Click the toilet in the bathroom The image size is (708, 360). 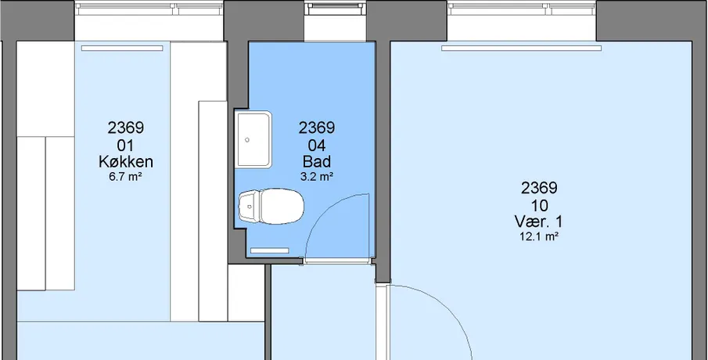pyautogui.click(x=271, y=207)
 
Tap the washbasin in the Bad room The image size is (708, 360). pyautogui.click(x=253, y=139)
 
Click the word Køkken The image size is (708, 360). pyautogui.click(x=126, y=162)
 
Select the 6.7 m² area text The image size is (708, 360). pyautogui.click(x=125, y=177)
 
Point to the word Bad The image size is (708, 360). pyautogui.click(x=317, y=161)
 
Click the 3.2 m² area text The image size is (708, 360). pyautogui.click(x=317, y=177)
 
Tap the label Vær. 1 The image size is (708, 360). pyautogui.click(x=539, y=221)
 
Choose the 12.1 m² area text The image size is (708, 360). pyautogui.click(x=539, y=236)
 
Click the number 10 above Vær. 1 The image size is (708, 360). pyautogui.click(x=539, y=206)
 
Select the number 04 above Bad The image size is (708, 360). pyautogui.click(x=317, y=146)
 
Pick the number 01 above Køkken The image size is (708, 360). pyautogui.click(x=125, y=146)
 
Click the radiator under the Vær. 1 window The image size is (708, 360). pyautogui.click(x=522, y=48)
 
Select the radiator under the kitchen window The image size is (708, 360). pyautogui.click(x=122, y=48)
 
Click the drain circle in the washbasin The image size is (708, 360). pyautogui.click(x=247, y=140)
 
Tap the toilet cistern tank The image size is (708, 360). pyautogui.click(x=249, y=207)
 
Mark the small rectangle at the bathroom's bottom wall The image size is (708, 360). pyautogui.click(x=270, y=250)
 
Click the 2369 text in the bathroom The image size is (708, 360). pyautogui.click(x=317, y=128)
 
